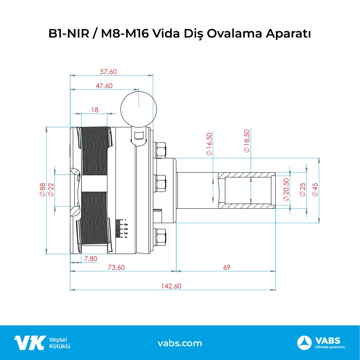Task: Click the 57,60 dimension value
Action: (108, 72)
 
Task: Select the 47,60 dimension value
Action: (104, 86)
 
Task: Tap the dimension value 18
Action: (95, 110)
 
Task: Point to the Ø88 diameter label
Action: (42, 190)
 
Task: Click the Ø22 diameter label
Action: (51, 190)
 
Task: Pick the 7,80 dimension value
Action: (91, 259)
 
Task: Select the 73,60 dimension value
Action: (117, 267)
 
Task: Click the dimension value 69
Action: (227, 267)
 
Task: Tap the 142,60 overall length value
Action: (171, 286)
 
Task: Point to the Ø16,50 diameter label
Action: (209, 144)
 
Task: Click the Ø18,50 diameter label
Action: (247, 141)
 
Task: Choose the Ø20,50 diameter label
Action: (286, 190)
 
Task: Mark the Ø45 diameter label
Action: (315, 190)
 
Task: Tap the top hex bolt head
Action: (161, 149)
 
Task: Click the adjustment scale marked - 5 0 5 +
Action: (122, 229)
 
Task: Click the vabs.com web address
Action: (180, 343)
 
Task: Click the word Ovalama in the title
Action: (234, 34)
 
